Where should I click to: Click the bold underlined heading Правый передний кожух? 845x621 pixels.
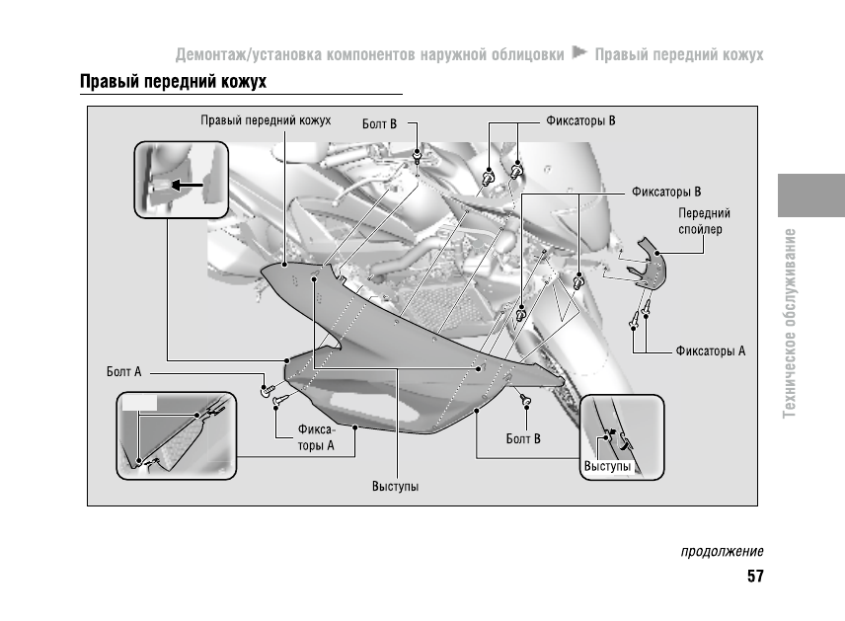[173, 81]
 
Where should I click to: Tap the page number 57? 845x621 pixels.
[755, 577]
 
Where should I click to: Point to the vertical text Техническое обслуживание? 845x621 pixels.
[790, 322]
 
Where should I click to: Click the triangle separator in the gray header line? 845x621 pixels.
[579, 51]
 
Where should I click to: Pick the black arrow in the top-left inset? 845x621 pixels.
[187, 184]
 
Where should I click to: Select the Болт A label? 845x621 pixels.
[124, 372]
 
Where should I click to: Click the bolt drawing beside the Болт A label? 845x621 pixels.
[266, 389]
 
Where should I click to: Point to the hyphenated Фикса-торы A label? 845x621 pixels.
[317, 437]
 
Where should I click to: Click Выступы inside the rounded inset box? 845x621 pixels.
[607, 466]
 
